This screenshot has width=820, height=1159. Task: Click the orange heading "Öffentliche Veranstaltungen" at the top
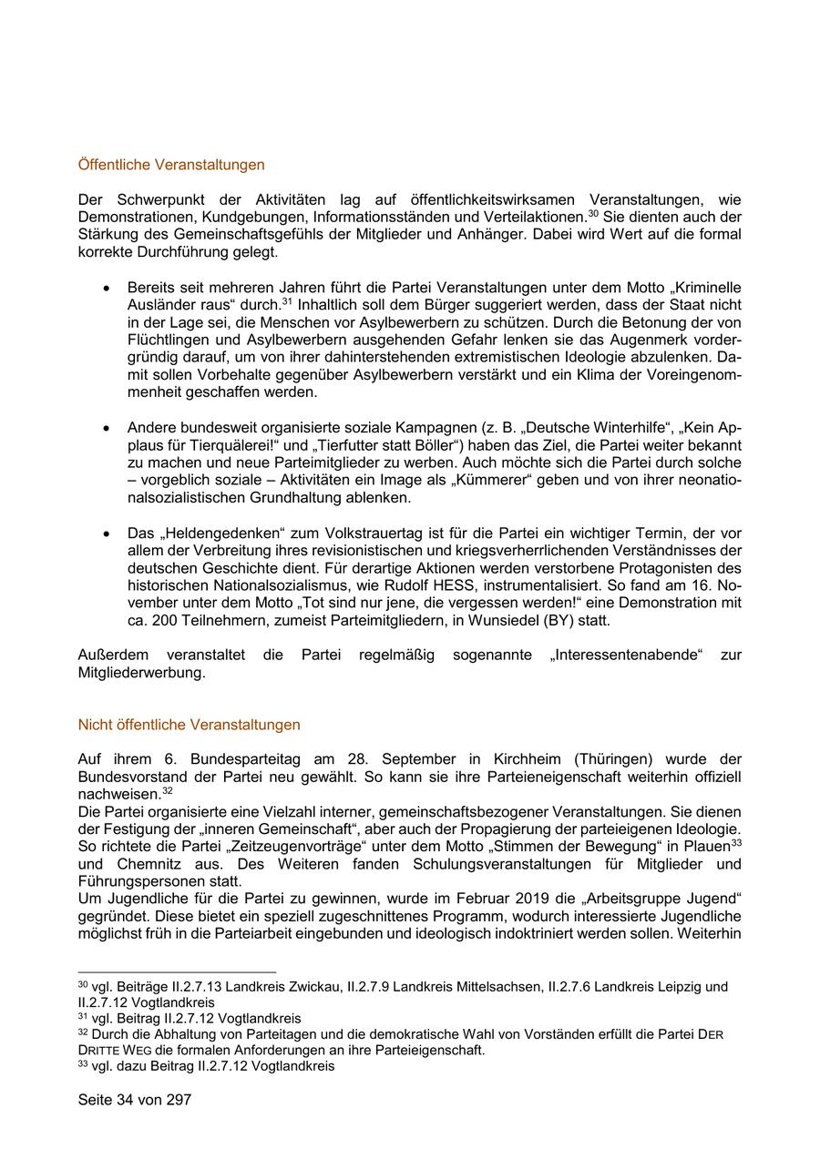[x=171, y=165]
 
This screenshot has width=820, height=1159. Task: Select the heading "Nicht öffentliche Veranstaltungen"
[x=189, y=725]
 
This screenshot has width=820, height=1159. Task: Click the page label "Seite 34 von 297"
[x=135, y=1100]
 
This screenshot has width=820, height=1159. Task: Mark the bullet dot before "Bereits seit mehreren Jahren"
[x=108, y=287]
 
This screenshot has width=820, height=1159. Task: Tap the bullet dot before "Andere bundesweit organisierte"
[x=108, y=427]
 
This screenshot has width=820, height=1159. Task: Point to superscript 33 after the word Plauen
[x=735, y=842]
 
